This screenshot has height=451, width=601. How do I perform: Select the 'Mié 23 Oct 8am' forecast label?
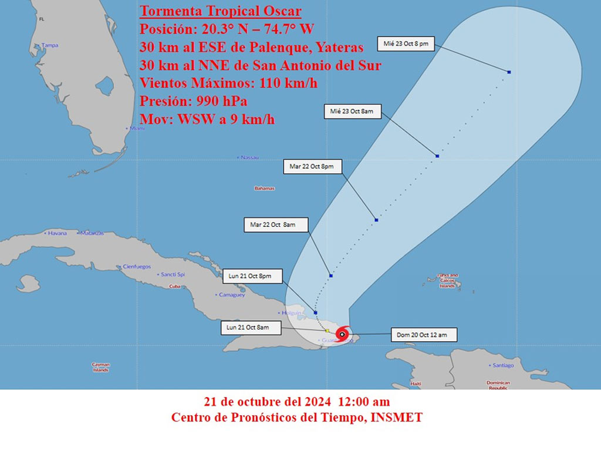coord(352,111)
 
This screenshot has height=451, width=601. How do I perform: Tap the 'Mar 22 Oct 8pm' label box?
coord(311,167)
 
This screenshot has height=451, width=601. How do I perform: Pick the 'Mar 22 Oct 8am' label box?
coord(272,224)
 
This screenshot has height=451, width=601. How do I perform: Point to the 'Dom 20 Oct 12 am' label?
coord(421,335)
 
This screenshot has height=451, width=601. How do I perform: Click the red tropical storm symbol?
coord(343,334)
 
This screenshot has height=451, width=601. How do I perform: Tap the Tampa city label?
coord(49,45)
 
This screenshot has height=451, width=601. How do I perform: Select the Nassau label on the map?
coord(249,157)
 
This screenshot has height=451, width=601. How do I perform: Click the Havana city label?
coord(57,233)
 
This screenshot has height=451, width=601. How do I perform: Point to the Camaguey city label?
coord(231,295)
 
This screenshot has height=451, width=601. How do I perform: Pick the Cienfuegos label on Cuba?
coord(136,267)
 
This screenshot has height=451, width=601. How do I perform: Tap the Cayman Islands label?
coord(100,367)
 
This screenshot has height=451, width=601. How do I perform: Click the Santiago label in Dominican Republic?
coord(503,365)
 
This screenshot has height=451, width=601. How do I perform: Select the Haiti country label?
coord(416,383)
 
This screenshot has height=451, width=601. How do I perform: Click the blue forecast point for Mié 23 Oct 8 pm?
coord(509,72)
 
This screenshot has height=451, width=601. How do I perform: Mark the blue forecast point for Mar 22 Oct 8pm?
coord(376,220)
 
